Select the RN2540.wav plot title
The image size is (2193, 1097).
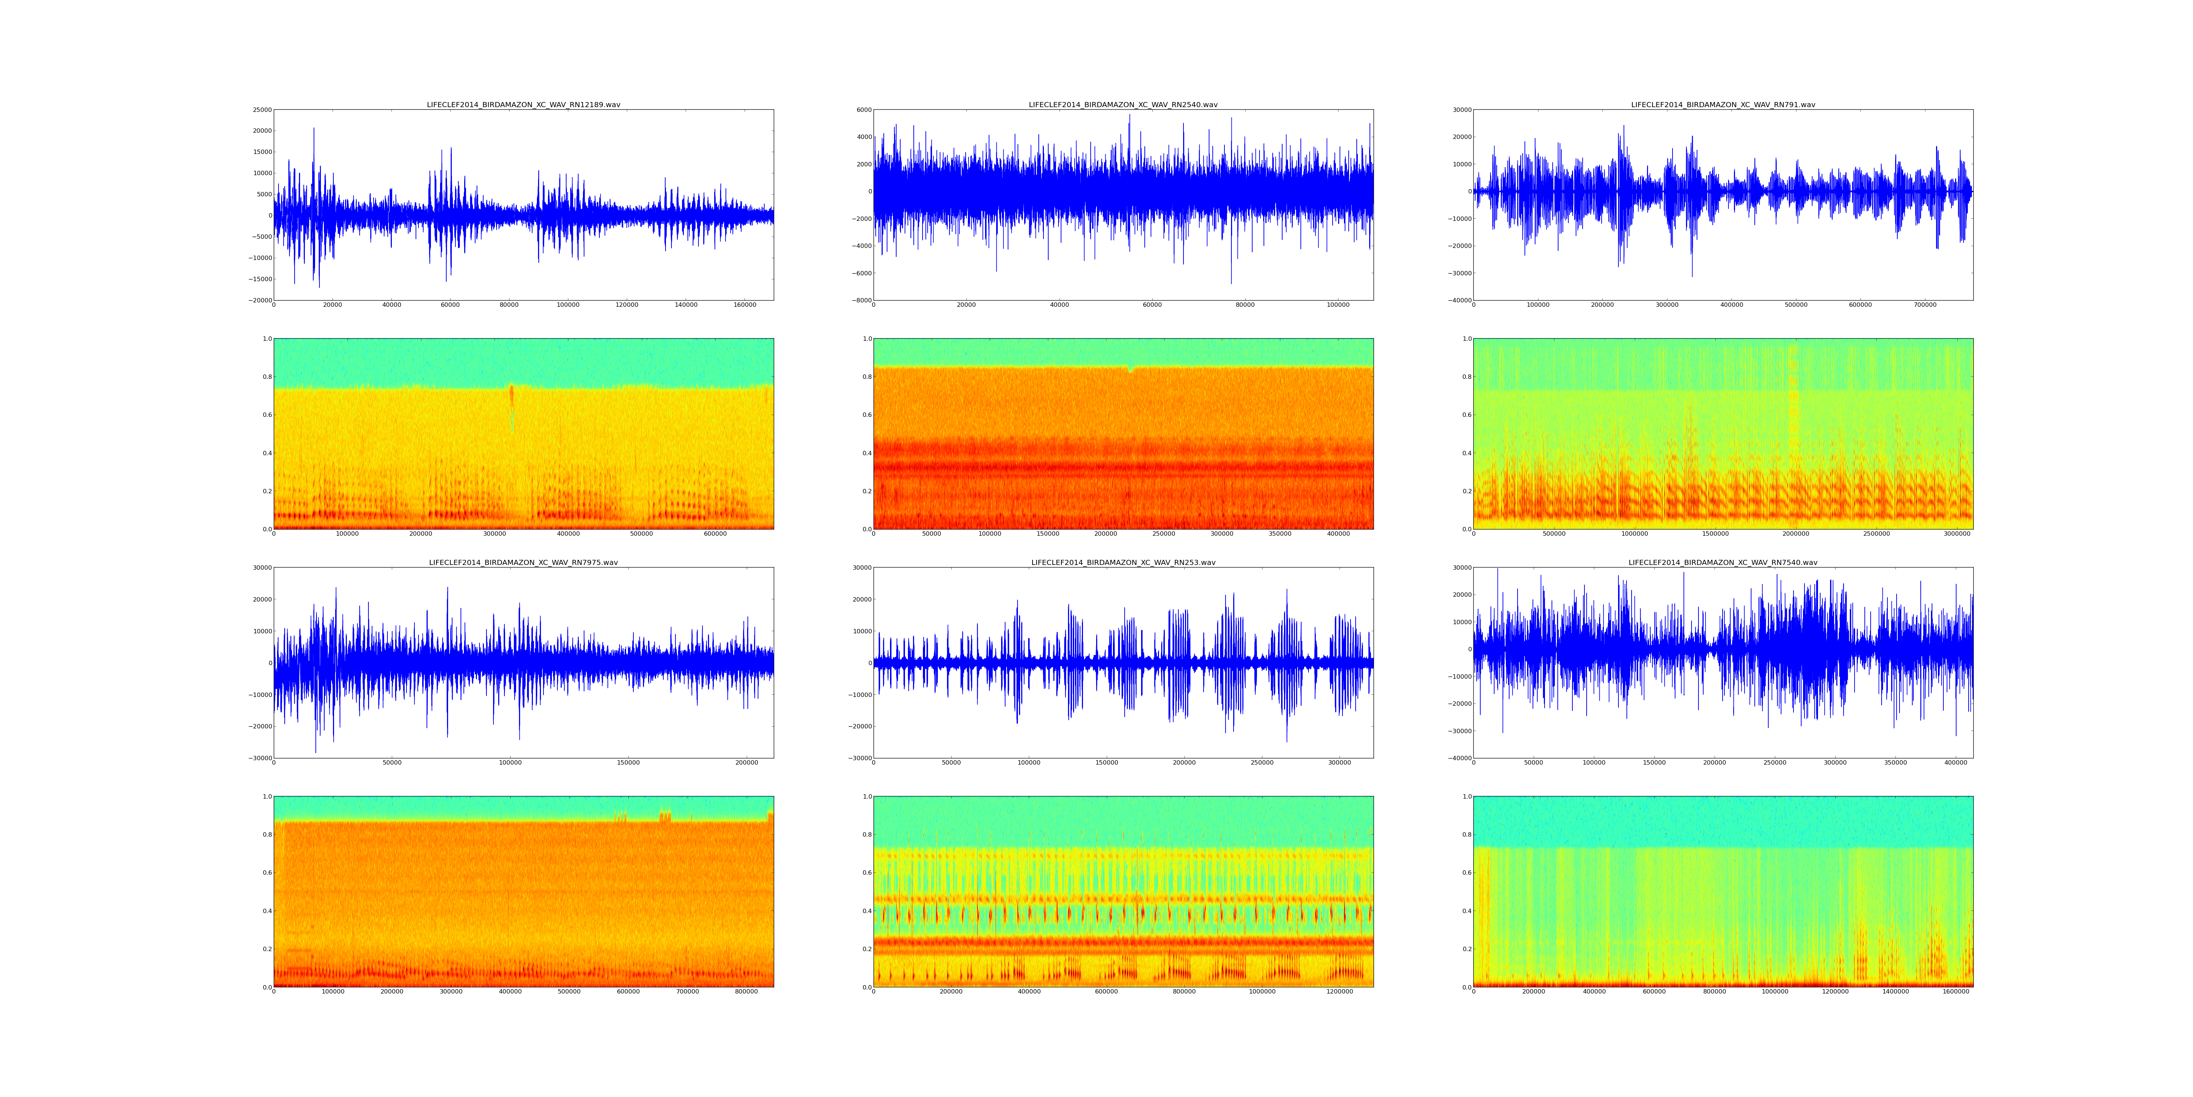pyautogui.click(x=1123, y=105)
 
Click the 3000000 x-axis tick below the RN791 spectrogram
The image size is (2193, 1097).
pyautogui.click(x=1957, y=534)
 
